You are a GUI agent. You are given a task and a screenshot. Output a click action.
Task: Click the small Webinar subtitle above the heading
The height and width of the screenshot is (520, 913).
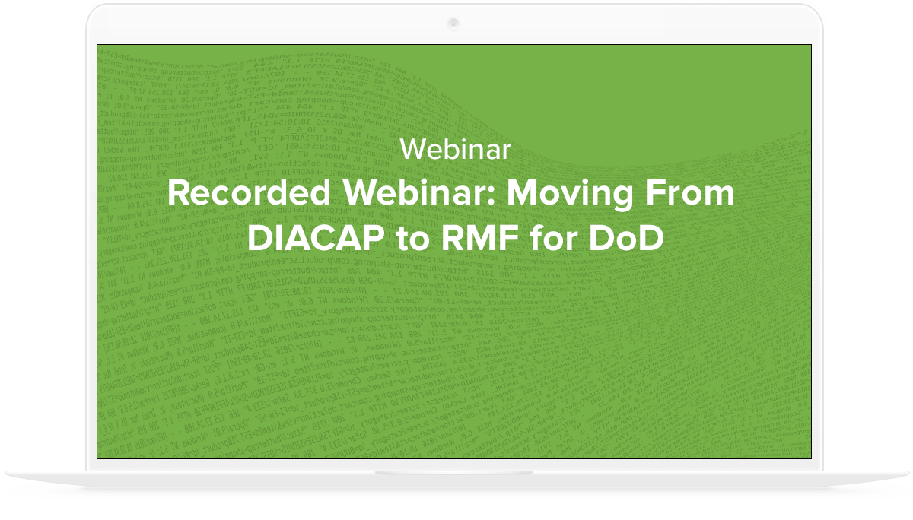point(455,150)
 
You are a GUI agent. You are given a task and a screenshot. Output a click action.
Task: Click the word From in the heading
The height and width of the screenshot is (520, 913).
point(692,194)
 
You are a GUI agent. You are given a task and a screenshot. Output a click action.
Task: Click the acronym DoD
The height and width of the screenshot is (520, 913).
point(628,238)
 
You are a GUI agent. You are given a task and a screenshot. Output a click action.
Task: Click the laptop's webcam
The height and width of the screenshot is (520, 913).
point(454,22)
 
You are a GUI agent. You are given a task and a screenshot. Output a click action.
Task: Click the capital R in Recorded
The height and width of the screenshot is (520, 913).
point(179,194)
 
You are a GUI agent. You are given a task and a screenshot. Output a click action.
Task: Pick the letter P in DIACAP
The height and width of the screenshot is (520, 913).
point(373,238)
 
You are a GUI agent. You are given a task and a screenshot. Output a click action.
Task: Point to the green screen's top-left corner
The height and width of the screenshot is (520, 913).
point(97,45)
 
